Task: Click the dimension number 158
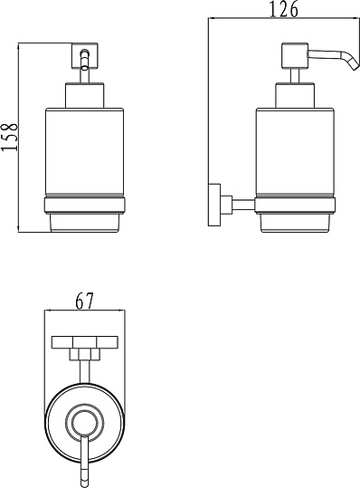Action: click(x=9, y=137)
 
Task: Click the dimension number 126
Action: click(x=283, y=9)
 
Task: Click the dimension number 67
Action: click(x=84, y=301)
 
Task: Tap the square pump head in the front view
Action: click(x=85, y=56)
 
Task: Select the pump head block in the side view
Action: click(x=294, y=56)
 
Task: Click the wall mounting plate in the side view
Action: click(x=214, y=205)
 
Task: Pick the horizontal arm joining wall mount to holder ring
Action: click(x=243, y=205)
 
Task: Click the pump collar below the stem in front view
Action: click(x=84, y=95)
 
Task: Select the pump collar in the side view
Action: click(x=295, y=95)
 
